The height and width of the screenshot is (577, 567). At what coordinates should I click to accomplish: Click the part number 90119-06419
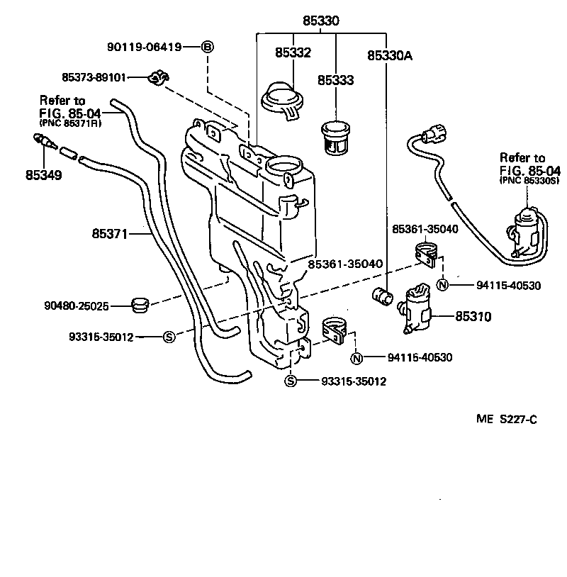(144, 47)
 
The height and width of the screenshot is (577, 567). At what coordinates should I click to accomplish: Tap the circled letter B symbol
(207, 47)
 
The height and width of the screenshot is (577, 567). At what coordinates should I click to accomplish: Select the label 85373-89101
(94, 77)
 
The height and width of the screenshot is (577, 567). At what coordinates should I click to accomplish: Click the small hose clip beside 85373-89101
(157, 78)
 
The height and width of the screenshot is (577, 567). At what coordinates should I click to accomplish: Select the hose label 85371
(109, 232)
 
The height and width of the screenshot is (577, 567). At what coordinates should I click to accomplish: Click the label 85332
(292, 52)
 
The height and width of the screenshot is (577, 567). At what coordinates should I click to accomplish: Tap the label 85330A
(390, 53)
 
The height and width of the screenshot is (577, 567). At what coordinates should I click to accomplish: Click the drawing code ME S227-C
(506, 419)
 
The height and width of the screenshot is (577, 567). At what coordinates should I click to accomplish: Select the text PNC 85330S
(522, 180)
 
